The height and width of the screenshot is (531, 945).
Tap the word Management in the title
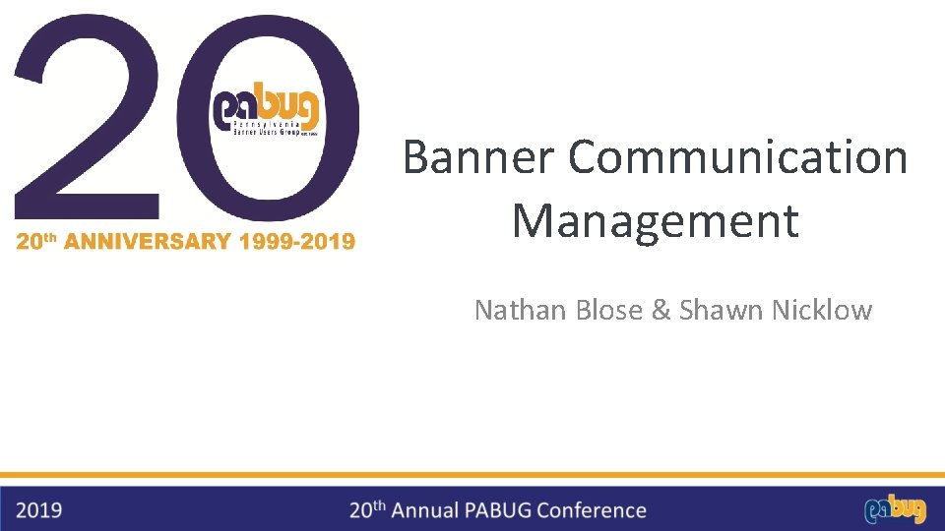(655, 220)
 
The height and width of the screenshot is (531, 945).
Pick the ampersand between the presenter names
(661, 311)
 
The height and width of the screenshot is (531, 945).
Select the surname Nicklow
(822, 311)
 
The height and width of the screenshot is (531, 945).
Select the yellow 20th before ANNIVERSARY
(37, 241)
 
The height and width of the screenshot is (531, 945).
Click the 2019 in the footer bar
(39, 510)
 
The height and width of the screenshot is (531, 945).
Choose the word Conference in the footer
(595, 510)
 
